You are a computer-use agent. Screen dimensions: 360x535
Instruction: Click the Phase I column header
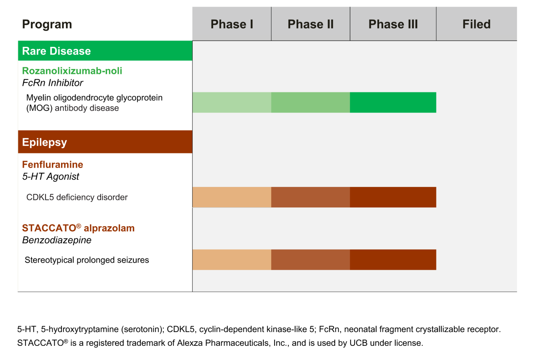232,24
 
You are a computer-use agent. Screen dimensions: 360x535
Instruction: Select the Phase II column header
311,24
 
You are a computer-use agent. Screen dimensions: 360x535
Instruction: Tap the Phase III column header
393,24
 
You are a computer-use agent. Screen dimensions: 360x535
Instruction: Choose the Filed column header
476,24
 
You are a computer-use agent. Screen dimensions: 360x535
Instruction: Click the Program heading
47,24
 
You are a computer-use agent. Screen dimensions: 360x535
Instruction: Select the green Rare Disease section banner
105,51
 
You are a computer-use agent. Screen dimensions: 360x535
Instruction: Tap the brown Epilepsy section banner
105,142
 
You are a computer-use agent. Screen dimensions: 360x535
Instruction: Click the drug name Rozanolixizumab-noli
72,71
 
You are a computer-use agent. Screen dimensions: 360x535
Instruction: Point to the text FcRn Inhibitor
52,83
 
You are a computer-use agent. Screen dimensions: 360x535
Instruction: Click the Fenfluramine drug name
52,164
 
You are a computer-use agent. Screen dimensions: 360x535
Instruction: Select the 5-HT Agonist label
50,176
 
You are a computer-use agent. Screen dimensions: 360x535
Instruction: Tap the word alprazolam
109,228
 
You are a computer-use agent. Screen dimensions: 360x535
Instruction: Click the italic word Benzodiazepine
56,240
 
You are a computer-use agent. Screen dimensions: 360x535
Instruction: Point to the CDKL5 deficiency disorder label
77,197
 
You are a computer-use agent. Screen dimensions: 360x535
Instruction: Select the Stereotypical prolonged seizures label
87,260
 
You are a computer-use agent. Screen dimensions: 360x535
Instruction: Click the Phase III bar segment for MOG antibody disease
393,102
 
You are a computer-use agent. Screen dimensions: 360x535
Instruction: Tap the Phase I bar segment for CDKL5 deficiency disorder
232,197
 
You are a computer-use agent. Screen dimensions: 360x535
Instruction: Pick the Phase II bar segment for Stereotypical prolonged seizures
311,260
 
